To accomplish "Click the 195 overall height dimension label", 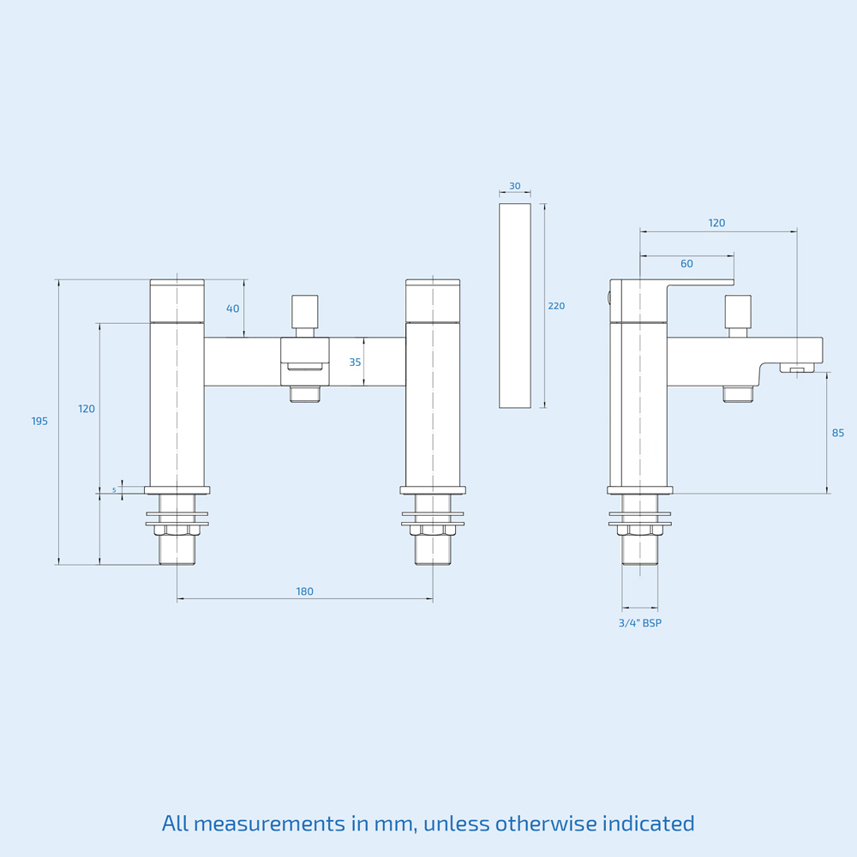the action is point(39,421).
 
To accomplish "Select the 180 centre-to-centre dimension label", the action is point(304,591).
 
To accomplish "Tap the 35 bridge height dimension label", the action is point(356,362).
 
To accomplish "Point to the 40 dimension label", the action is point(233,309).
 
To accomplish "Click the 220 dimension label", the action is point(556,306).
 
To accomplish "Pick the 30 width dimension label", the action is point(515,186).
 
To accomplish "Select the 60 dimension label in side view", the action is point(686,264).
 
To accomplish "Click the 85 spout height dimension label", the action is point(838,433).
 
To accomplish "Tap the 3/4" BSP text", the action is point(640,623).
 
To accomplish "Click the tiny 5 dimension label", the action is point(114,489).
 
